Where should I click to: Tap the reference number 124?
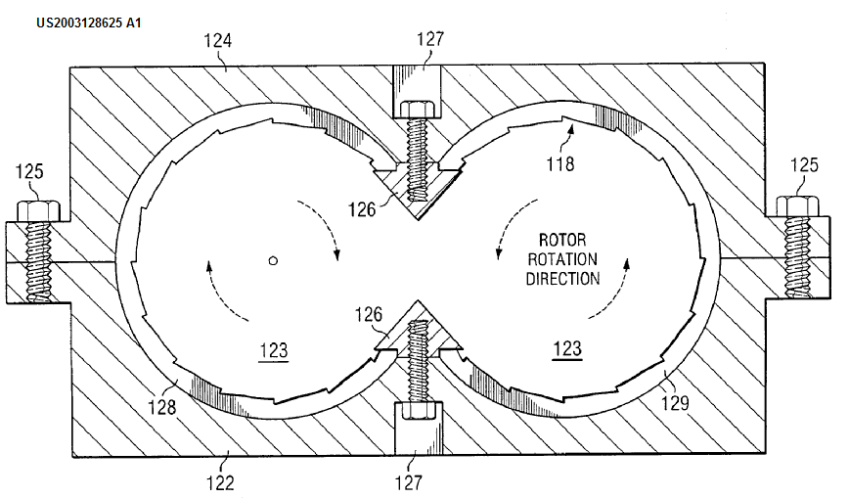(216, 42)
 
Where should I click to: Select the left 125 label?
(31, 173)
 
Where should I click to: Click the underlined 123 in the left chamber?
(274, 348)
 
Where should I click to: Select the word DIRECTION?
(562, 278)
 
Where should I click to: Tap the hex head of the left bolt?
(38, 208)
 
